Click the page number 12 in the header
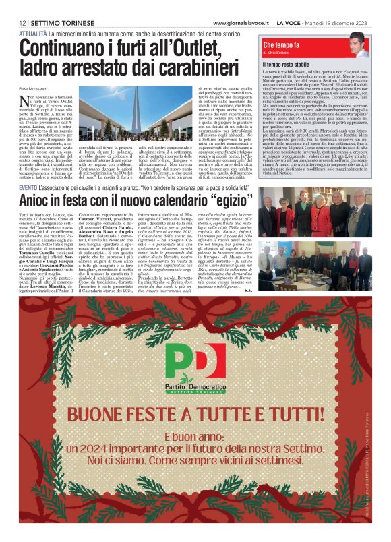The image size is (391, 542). point(22,24)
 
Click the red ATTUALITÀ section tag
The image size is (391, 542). point(33,33)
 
